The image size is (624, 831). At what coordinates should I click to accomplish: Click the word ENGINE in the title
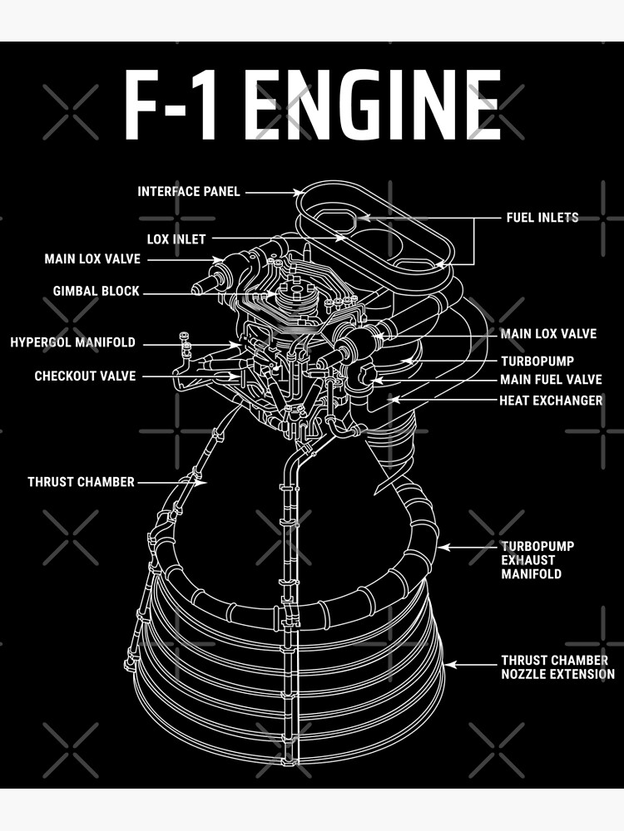point(374,106)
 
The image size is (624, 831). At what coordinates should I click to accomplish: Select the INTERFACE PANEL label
point(189,192)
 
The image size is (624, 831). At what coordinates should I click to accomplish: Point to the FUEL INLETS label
point(542,218)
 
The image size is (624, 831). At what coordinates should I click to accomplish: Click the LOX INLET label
point(176,239)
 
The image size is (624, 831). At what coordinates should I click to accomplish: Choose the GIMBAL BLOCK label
point(97,292)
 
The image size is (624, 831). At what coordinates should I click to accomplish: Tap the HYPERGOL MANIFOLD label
point(72,342)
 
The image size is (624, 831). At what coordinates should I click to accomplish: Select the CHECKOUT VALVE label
point(85,376)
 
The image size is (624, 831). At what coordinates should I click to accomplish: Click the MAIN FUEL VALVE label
point(551,380)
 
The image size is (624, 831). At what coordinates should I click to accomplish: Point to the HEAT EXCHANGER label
point(551,401)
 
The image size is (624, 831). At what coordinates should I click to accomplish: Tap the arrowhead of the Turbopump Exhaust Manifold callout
point(441,547)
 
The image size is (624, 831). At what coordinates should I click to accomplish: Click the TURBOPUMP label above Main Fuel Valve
point(537,361)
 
